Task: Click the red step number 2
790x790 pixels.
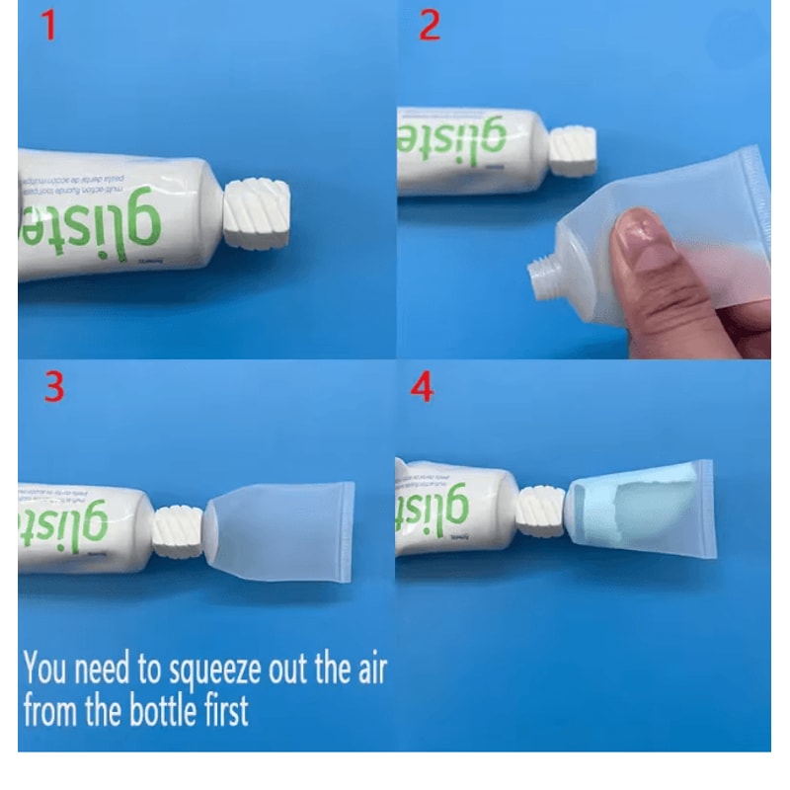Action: coord(430,27)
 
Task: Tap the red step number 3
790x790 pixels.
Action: coord(53,387)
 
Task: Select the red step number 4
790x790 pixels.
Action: coord(423,387)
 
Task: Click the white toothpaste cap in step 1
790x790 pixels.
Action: coord(257,212)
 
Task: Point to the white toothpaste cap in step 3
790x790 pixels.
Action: coord(178,530)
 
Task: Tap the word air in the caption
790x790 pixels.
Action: coord(364,670)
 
